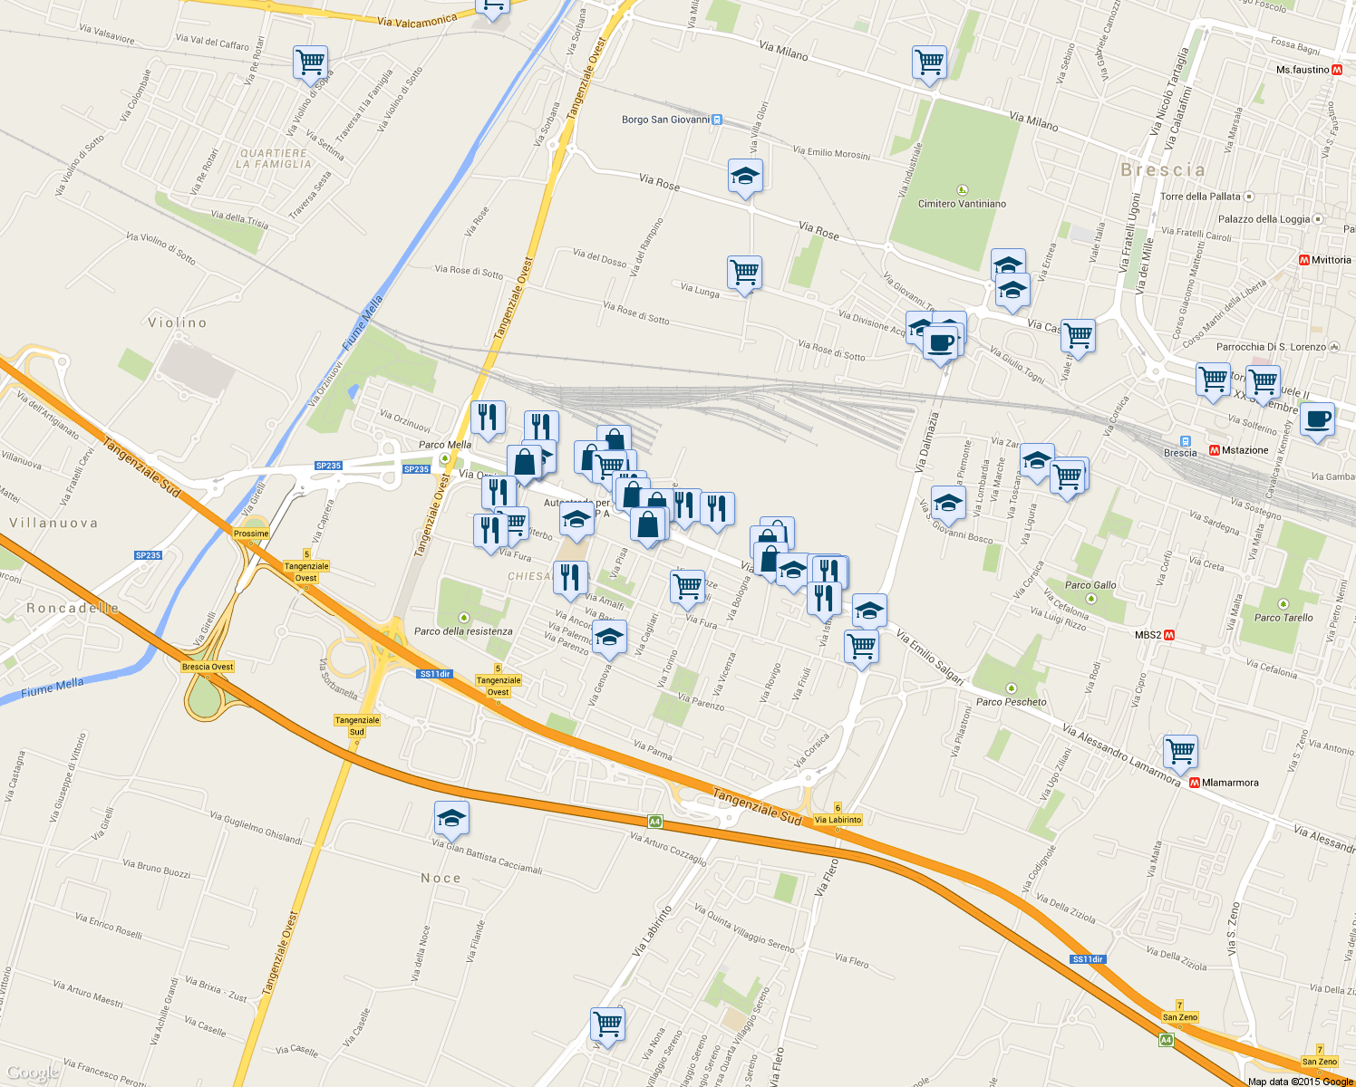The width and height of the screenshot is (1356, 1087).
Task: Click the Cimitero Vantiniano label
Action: [x=962, y=204]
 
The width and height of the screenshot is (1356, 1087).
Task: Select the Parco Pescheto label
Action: [x=1012, y=701]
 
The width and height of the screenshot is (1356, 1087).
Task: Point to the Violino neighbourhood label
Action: [x=178, y=322]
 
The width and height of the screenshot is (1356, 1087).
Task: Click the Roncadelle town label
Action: [x=73, y=608]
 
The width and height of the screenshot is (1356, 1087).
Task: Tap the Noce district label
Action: [x=441, y=878]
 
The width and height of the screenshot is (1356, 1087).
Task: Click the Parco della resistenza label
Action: [x=463, y=631]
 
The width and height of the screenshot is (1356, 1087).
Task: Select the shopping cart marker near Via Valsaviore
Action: [x=310, y=63]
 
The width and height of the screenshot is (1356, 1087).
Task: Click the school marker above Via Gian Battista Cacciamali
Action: [x=451, y=819]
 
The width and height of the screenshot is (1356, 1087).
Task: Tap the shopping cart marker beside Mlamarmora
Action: [x=1180, y=751]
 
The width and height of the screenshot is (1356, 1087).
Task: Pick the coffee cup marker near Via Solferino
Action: [x=1317, y=420]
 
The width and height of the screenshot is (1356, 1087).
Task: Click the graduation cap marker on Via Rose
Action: [x=745, y=177]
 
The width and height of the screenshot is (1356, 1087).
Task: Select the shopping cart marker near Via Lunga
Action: [x=744, y=272]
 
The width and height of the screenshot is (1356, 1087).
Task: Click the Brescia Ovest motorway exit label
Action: [x=208, y=667]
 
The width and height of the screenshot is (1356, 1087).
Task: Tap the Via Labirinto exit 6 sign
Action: [x=838, y=820]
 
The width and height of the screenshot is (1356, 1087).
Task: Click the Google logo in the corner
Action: [x=32, y=1073]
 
